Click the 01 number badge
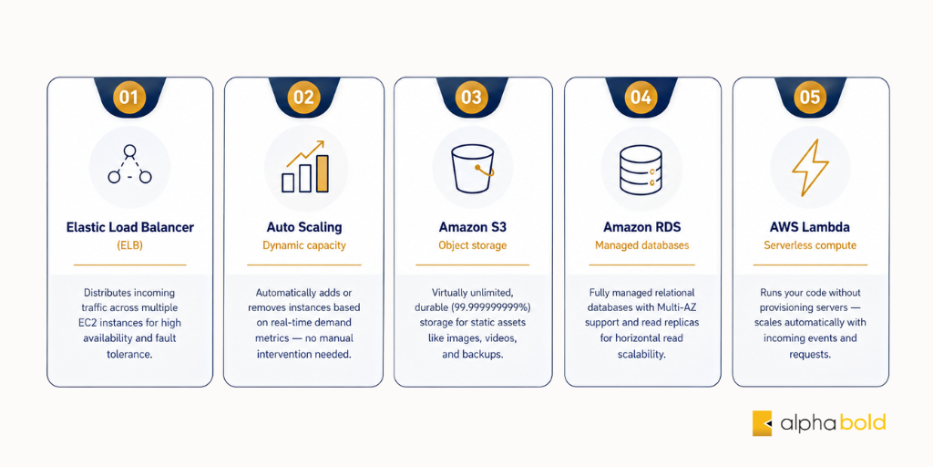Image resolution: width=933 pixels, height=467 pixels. coord(129,97)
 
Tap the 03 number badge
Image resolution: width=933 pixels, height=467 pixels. coord(471,97)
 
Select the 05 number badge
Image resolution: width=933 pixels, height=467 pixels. coord(810,97)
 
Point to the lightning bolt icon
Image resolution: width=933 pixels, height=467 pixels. coord(810,168)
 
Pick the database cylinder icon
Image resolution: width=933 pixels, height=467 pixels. coord(641,170)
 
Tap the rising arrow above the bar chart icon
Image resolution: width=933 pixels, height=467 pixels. coord(305,152)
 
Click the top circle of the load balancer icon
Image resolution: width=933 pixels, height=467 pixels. coord(129,150)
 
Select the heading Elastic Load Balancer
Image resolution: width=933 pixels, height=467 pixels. coord(129,227)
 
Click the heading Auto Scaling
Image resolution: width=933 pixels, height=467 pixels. coord(304,227)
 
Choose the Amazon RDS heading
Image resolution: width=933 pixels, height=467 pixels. coord(642,227)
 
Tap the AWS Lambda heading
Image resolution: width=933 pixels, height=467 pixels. coord(810,227)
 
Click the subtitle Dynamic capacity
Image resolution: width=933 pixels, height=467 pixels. coord(304,245)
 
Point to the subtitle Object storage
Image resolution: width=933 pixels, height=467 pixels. coord(473,245)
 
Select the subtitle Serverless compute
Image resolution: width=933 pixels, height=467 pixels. coord(810,245)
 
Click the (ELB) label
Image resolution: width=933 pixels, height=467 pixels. coord(129,245)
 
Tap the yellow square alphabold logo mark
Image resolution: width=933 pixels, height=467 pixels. coord(763,423)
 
